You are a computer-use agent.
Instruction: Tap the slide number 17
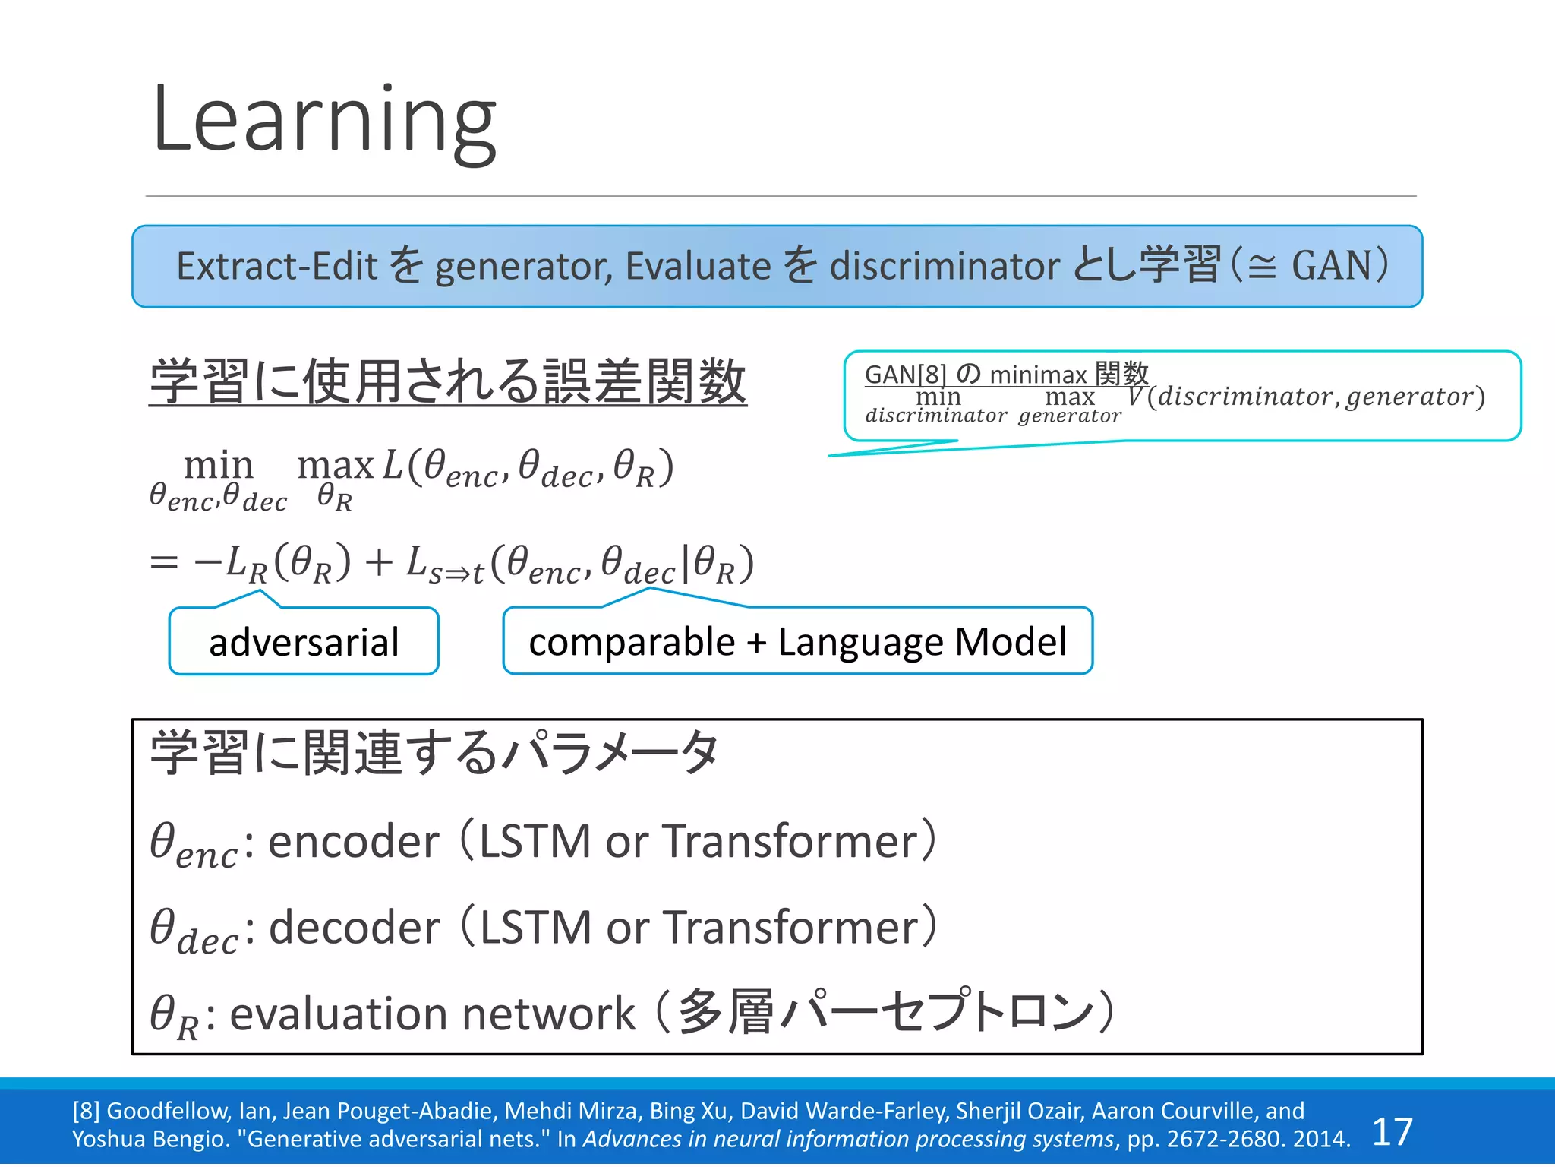point(1392,1132)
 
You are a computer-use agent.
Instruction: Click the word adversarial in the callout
point(304,643)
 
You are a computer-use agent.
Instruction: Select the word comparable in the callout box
point(631,643)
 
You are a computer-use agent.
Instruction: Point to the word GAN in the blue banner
point(1331,267)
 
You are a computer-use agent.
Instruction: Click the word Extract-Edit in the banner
point(276,267)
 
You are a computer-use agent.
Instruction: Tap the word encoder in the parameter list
point(353,842)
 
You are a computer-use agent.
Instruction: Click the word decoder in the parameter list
point(354,928)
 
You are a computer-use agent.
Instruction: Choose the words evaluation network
point(432,1014)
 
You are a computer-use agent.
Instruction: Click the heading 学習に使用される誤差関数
point(448,382)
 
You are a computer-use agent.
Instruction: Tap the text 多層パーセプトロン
point(885,1013)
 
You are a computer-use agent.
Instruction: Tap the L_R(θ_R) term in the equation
point(289,564)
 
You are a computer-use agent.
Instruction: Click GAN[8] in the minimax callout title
point(905,375)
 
